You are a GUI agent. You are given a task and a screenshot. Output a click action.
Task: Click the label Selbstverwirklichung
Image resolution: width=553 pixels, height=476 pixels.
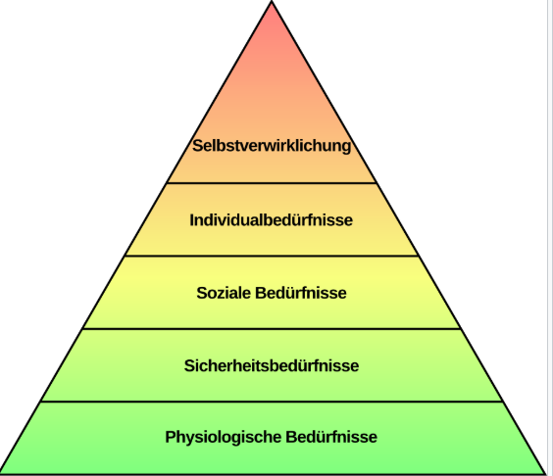pos(272,146)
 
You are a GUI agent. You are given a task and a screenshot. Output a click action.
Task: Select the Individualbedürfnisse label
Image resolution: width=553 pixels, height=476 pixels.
pos(272,220)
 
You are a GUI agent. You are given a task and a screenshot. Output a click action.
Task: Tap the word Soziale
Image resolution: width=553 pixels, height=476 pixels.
pos(224,293)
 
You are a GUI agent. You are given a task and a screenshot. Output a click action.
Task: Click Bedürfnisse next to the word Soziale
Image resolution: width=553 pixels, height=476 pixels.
pos(301,293)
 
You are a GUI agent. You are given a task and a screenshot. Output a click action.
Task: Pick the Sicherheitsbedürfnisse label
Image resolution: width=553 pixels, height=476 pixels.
pos(272,365)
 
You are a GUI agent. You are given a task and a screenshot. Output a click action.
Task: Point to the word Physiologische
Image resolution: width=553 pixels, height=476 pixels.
pos(224,437)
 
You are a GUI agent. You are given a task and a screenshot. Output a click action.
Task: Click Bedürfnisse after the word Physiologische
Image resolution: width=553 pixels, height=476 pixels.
pos(331,437)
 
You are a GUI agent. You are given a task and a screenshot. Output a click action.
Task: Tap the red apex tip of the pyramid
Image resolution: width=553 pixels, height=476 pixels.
pos(272,1)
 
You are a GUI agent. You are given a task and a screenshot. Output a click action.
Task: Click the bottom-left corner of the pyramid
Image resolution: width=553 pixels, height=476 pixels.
pos(1,473)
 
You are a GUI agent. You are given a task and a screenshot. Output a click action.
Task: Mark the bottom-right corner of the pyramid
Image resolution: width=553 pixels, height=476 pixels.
pos(545,473)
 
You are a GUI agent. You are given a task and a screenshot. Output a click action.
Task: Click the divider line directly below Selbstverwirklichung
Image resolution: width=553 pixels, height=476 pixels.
pos(272,183)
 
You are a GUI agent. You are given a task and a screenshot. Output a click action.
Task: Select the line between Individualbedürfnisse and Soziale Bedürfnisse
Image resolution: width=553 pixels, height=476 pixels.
pos(272,257)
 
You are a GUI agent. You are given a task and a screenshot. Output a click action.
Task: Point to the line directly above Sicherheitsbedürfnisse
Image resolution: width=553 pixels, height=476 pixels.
pos(272,329)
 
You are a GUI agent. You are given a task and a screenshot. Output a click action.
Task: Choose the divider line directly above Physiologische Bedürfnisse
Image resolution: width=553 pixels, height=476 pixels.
pos(272,402)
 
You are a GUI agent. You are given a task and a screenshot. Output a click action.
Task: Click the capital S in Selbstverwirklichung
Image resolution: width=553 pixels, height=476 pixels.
pos(198,146)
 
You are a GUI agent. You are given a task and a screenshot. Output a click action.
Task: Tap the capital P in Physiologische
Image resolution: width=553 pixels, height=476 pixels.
pos(171,437)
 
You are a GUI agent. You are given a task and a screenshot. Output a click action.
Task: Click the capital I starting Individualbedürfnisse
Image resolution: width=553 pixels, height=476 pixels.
pos(192,220)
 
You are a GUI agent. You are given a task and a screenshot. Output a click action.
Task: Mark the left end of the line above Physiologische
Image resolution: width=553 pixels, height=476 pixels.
pos(41,402)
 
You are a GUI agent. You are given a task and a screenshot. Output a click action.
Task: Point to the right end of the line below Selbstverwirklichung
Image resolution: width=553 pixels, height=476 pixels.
pos(377,183)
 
